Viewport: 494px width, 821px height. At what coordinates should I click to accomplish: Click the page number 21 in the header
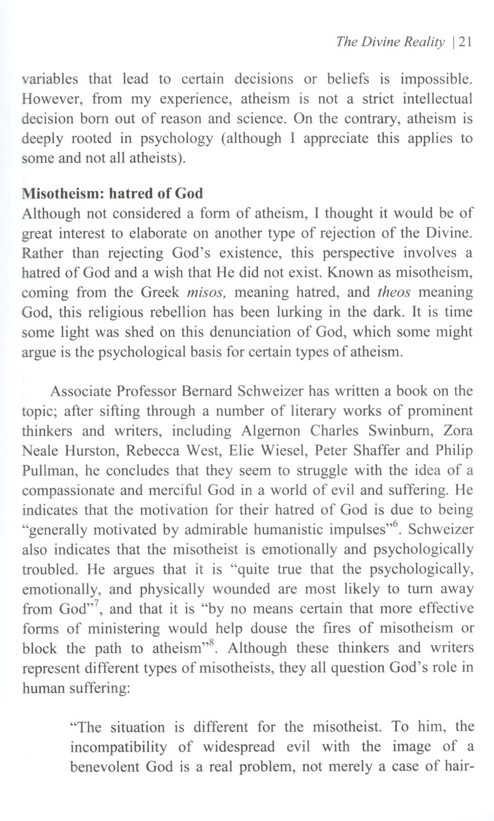(x=462, y=42)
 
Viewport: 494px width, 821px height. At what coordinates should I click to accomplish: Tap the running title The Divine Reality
(x=390, y=42)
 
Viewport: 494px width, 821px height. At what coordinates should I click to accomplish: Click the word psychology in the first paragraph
(x=175, y=138)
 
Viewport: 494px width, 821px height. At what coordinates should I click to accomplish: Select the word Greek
(x=160, y=292)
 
